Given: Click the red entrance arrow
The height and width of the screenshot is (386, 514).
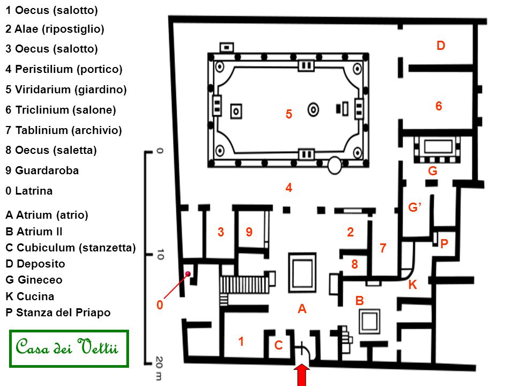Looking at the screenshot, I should coord(302,375).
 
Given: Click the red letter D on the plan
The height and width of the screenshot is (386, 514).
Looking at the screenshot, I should coord(441,46).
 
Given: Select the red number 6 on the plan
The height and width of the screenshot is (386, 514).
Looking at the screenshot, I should coord(439,107).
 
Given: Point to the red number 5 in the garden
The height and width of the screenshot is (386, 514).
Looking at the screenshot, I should coord(289,115).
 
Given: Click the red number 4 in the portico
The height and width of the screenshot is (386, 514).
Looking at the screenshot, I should coord(289,188).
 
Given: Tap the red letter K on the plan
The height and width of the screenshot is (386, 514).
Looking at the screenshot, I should coord(412,285).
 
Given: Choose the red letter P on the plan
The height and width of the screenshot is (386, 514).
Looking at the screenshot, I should coord(444,244).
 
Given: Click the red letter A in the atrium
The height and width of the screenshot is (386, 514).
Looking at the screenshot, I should coord(303,309).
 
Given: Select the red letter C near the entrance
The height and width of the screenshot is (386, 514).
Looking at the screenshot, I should coord(278,346).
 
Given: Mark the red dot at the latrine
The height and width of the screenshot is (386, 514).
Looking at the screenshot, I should coord(188,274).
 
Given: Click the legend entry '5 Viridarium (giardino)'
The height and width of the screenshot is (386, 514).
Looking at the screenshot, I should coord(66,90).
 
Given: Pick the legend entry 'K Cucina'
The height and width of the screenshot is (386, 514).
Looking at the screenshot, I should coord(30,296).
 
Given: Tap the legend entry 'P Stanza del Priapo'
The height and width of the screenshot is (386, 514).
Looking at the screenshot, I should coord(58,313).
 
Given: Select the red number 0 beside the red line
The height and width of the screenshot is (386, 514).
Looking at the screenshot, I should coord(160,305).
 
